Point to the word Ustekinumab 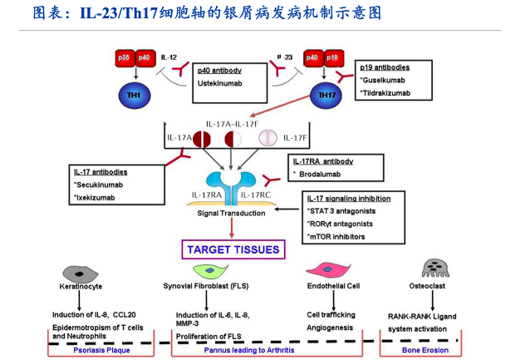click(x=219, y=84)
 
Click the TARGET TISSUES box click(x=233, y=249)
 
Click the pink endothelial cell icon click(x=324, y=269)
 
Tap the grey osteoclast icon click(x=433, y=268)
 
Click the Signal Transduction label click(x=231, y=214)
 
